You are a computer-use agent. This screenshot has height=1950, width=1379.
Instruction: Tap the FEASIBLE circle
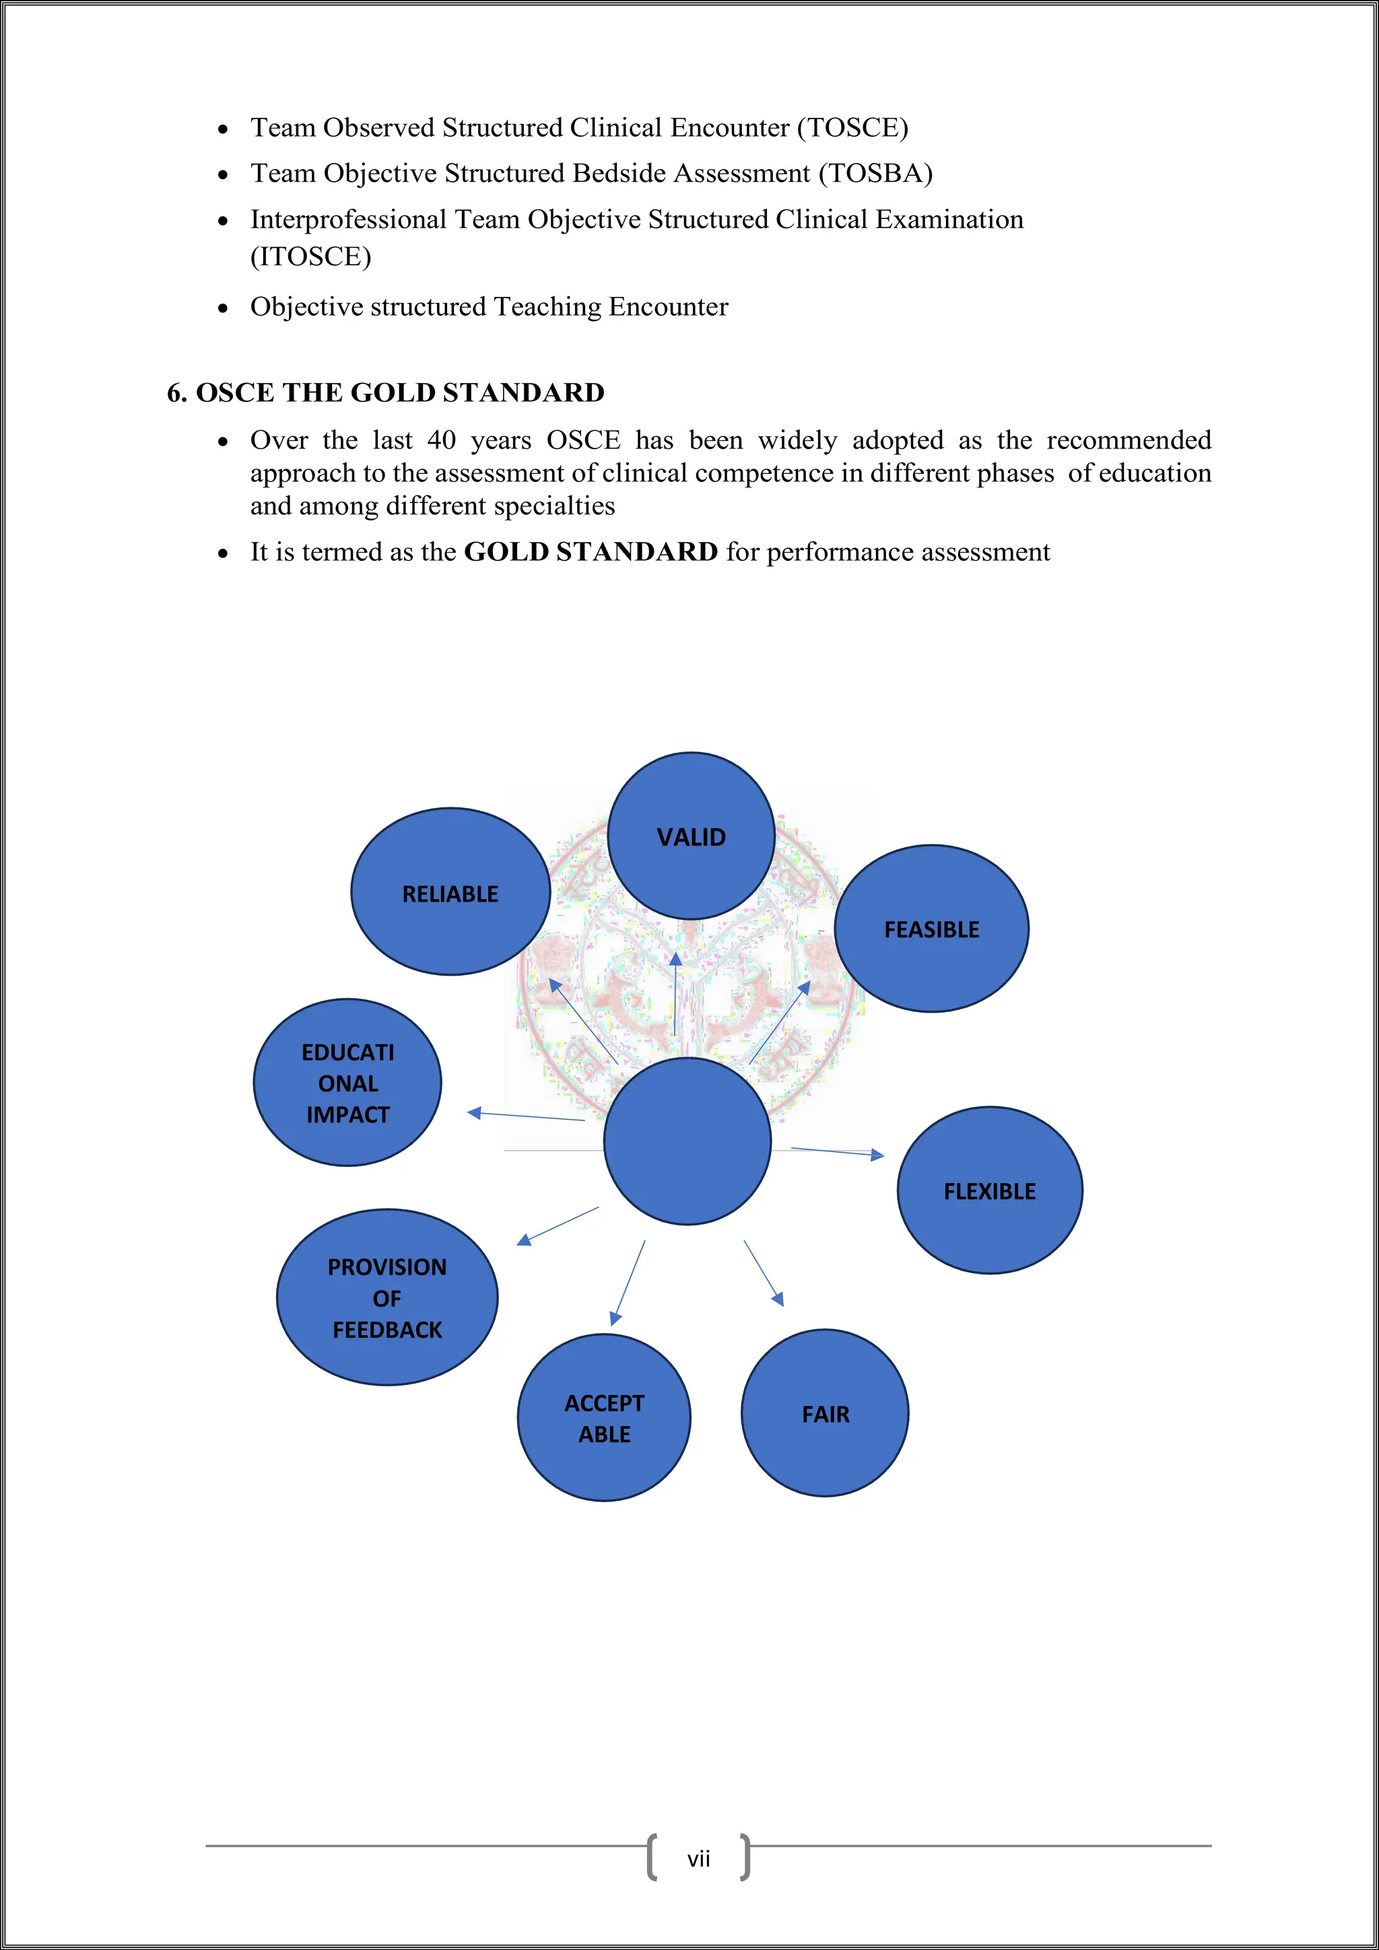(x=931, y=929)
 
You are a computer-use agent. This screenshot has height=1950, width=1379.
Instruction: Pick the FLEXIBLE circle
(x=989, y=1190)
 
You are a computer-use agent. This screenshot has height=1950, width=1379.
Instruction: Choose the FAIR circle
(x=825, y=1413)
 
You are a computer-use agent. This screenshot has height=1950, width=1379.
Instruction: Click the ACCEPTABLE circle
(x=604, y=1417)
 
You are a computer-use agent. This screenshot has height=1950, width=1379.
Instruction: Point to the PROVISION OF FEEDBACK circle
(x=387, y=1297)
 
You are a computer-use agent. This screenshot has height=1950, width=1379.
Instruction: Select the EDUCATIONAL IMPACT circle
(x=347, y=1082)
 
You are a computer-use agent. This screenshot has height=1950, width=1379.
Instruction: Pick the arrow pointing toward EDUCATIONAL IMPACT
(x=526, y=1116)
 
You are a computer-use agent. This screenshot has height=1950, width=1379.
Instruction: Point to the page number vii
(x=698, y=1859)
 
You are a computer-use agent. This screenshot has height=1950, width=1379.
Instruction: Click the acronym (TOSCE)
(x=852, y=127)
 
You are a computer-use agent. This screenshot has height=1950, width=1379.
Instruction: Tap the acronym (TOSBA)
(x=875, y=173)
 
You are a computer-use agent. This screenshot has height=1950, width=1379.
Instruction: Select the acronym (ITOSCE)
(x=311, y=257)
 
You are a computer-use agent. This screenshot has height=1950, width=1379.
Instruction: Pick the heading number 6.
(x=176, y=393)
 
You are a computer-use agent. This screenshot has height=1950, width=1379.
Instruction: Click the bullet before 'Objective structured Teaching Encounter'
(x=222, y=308)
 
